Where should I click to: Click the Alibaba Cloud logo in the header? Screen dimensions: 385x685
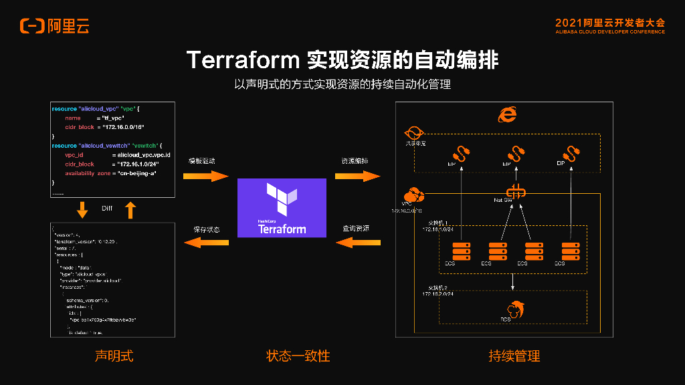[x=54, y=26]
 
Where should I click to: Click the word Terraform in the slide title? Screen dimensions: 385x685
[x=243, y=59]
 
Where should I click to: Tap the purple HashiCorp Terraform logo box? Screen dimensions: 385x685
[x=282, y=207]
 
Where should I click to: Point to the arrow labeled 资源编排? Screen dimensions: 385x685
[x=357, y=176]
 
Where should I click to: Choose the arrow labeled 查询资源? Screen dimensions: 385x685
[x=357, y=243]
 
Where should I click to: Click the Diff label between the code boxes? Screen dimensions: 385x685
[x=107, y=209]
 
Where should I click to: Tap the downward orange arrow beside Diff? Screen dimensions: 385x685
[x=82, y=211]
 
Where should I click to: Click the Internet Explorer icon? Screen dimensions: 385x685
[x=507, y=115]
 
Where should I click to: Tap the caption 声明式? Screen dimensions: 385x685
[x=114, y=356]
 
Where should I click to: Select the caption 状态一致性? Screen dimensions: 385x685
[x=298, y=356]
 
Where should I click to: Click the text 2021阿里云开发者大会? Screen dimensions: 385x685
[x=610, y=22]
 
